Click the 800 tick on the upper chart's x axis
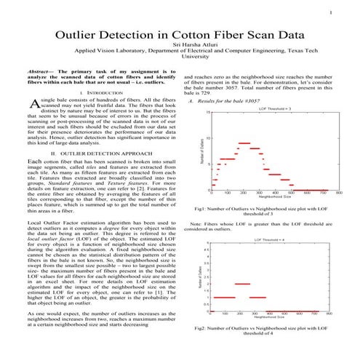pyautogui.click(x=339, y=193)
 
